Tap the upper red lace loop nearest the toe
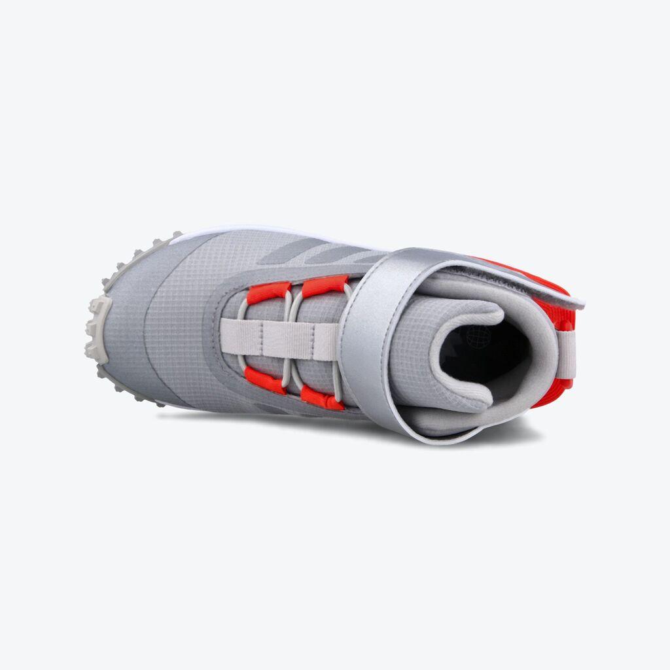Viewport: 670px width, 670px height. (x=268, y=292)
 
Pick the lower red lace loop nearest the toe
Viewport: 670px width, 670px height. (x=264, y=380)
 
